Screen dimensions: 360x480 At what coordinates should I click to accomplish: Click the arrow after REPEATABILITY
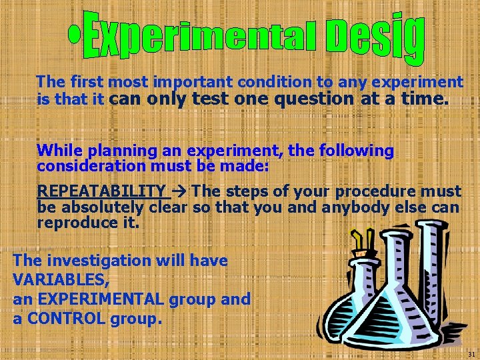180,192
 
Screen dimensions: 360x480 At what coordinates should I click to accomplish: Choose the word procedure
373,192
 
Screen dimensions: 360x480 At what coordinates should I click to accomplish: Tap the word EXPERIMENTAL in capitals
100,299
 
